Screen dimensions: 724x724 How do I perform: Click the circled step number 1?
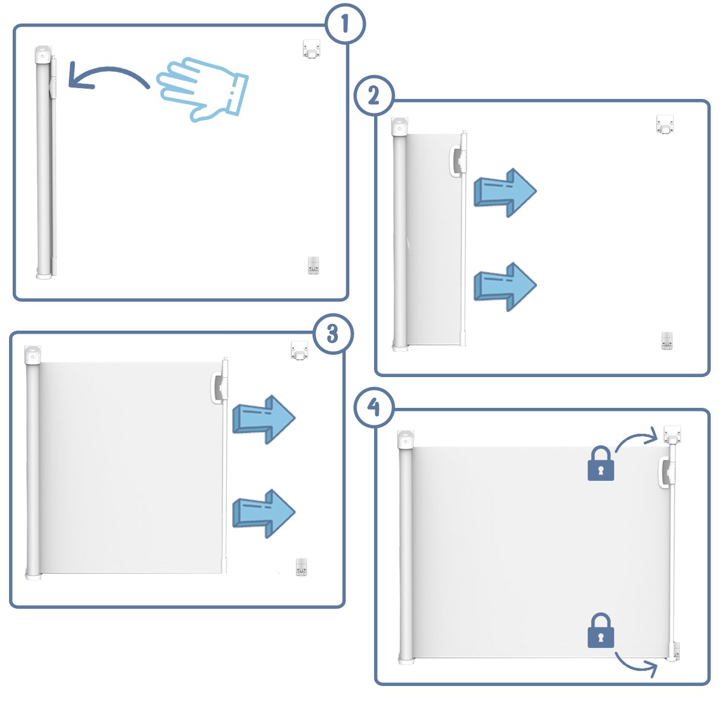tap(345, 24)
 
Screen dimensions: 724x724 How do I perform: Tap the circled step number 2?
tap(374, 95)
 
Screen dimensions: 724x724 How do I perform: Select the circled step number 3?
tap(333, 334)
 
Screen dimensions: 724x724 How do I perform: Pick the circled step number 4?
tap(374, 407)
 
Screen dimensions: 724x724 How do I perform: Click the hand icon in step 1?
tap(203, 89)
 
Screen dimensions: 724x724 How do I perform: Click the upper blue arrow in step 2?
tap(505, 192)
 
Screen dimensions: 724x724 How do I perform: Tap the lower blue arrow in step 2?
tap(505, 287)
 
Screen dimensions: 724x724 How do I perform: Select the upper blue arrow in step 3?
tap(264, 420)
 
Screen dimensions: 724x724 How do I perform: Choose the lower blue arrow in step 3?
tap(264, 513)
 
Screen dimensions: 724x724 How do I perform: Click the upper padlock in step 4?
tap(601, 463)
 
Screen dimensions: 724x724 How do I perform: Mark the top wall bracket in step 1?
tap(311, 49)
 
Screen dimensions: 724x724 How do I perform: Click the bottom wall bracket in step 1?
tap(313, 265)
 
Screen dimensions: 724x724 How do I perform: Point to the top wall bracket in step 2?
tap(665, 124)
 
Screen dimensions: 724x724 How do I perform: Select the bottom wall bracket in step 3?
tap(301, 567)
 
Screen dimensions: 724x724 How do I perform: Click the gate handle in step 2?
tap(457, 161)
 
